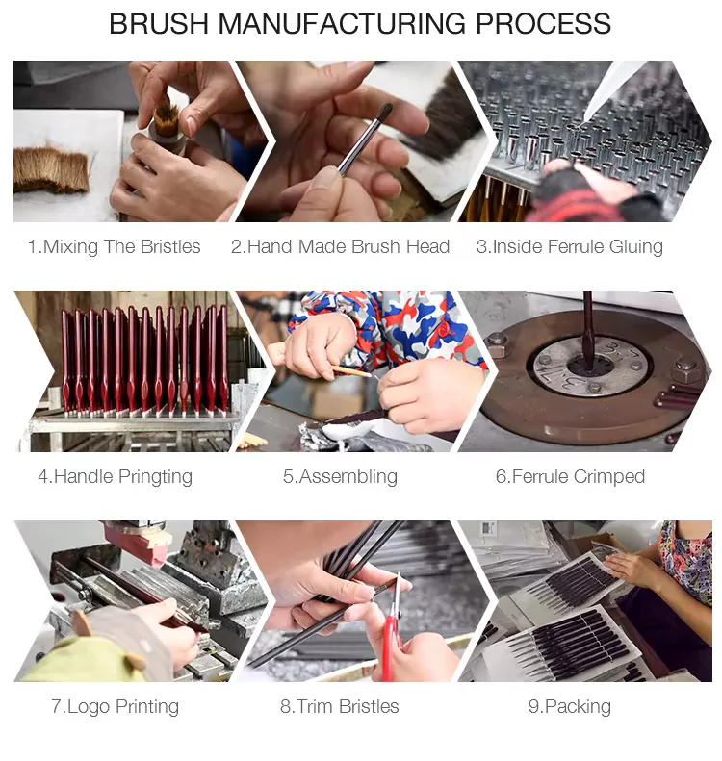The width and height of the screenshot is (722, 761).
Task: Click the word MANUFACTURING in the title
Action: [343, 23]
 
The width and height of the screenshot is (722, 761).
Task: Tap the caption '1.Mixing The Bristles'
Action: [115, 246]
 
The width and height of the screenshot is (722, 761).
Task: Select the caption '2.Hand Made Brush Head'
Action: [340, 246]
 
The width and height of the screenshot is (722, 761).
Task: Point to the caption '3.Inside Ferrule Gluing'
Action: [570, 247]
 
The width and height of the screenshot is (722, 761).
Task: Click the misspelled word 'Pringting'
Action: [155, 477]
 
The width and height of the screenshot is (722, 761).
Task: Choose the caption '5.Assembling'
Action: [340, 477]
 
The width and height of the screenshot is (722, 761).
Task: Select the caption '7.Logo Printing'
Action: [116, 707]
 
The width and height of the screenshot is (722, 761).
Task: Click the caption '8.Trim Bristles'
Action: [340, 706]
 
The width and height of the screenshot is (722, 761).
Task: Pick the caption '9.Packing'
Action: [570, 707]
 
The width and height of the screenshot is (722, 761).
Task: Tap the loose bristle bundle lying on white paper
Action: [51, 170]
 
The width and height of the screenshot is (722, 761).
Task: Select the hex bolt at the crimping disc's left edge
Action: [497, 340]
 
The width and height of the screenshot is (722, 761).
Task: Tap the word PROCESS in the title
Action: [543, 23]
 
